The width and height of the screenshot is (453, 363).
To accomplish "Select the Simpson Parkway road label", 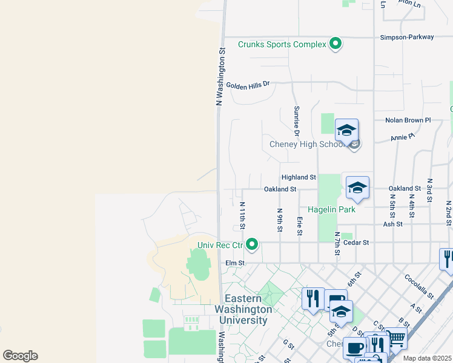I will tap(407, 37).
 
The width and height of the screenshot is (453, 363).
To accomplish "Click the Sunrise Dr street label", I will tap(297, 121).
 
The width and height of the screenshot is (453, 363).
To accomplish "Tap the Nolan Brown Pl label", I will tap(408, 120).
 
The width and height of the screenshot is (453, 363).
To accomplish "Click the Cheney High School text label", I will tap(308, 145).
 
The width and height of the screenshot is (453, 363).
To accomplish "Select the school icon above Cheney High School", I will tap(346, 130).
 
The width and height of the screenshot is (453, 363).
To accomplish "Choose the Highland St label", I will tap(299, 177).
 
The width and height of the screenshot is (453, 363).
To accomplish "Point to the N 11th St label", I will tap(242, 216).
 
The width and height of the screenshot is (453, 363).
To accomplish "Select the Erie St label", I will tap(299, 227).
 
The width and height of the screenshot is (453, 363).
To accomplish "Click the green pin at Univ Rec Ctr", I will tap(252, 245).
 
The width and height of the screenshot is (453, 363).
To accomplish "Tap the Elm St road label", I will tap(234, 263).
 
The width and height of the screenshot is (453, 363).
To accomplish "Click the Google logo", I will tap(20, 356).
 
